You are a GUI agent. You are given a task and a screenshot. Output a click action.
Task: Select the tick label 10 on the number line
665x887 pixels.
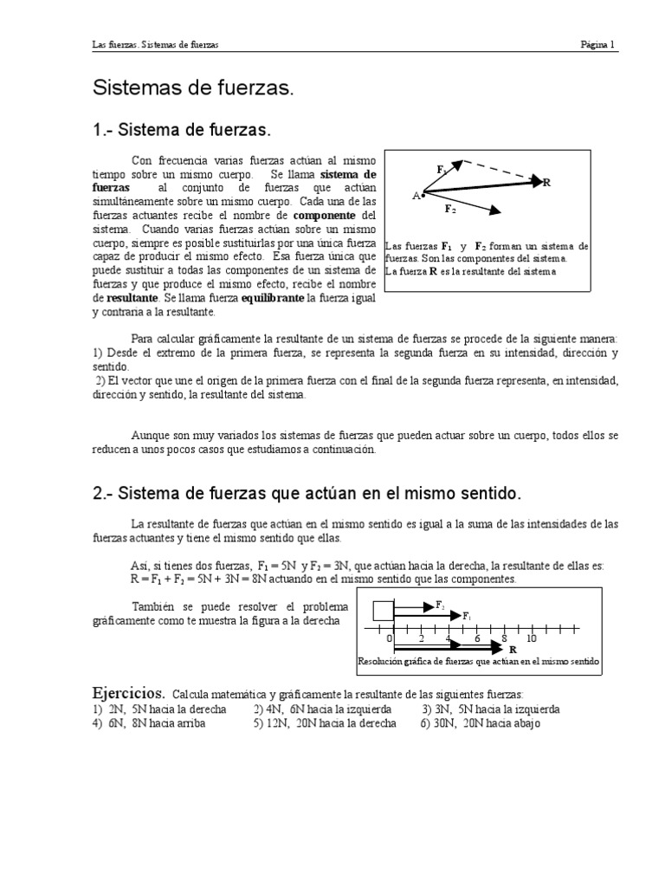click(532, 638)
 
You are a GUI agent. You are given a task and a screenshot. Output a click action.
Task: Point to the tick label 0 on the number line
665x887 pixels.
click(390, 638)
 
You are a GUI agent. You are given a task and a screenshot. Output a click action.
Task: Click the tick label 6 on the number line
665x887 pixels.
click(476, 638)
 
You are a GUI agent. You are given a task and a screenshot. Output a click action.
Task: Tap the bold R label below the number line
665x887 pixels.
click(512, 650)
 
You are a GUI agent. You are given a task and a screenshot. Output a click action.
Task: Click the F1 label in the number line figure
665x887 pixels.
click(467, 616)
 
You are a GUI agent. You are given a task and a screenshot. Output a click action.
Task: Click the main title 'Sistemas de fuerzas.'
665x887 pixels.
click(193, 88)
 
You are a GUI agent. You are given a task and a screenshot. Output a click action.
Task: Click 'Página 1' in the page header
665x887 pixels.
click(597, 45)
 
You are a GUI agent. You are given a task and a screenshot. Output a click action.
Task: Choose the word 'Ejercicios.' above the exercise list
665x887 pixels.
click(128, 694)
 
